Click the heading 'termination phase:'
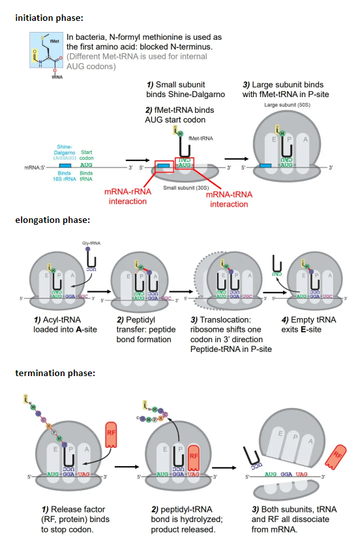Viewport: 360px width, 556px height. (55, 373)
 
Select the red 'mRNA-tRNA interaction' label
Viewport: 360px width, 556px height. (229, 199)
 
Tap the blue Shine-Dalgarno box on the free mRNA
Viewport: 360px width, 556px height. (65, 167)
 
